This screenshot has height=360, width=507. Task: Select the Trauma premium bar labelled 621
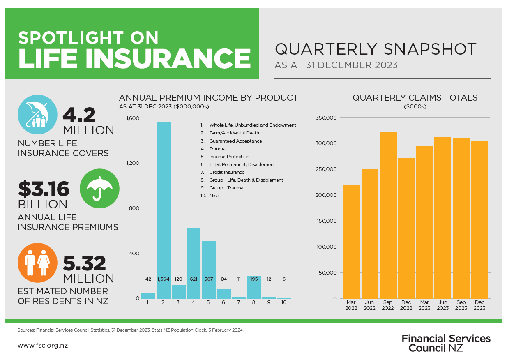194,263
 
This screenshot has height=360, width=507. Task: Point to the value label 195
254,279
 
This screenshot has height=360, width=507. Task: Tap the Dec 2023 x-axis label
479,305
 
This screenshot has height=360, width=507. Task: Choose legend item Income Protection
229,157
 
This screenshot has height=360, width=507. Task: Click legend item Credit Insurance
226,172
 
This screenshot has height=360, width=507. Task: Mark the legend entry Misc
214,196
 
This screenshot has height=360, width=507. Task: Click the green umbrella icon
99,189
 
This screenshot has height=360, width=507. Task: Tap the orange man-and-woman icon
37,263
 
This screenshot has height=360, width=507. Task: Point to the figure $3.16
44,189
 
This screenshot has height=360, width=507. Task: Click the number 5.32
84,263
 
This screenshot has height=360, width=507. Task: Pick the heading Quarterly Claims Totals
415,98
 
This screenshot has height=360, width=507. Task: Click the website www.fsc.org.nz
43,345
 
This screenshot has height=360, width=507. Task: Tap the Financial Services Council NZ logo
446,343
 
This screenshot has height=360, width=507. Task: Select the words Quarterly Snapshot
376,49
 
